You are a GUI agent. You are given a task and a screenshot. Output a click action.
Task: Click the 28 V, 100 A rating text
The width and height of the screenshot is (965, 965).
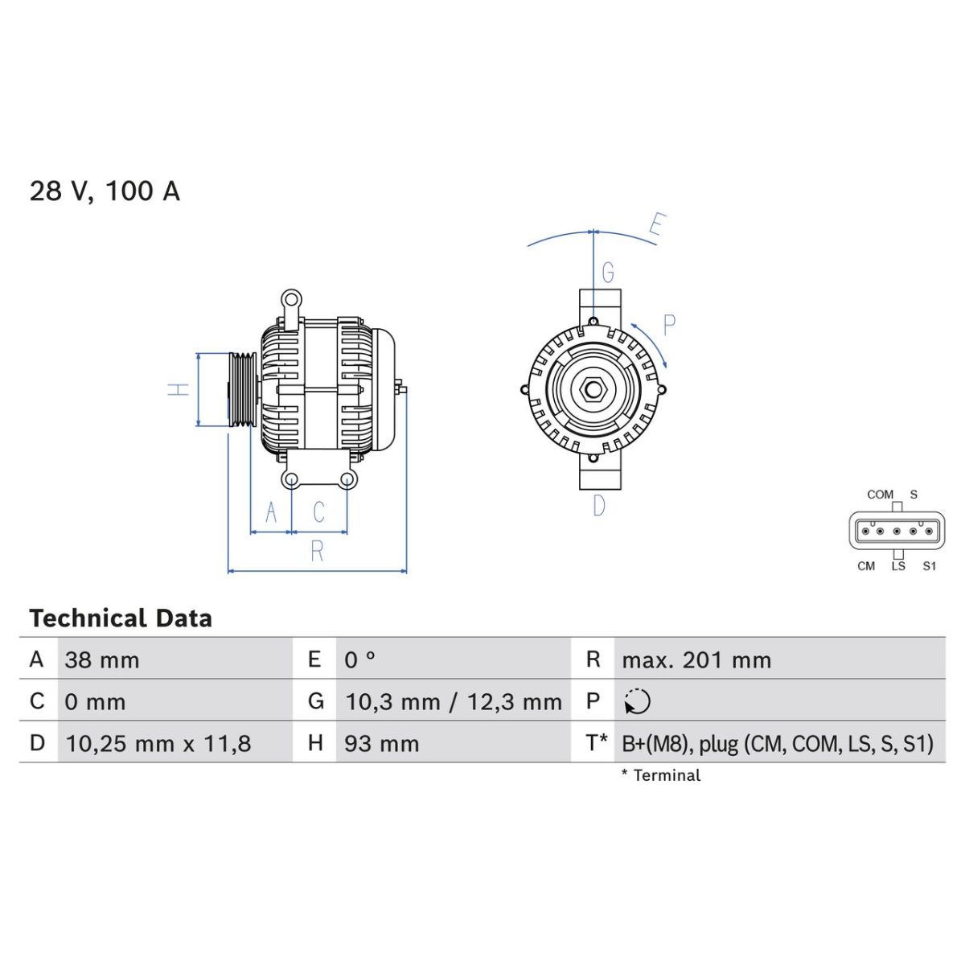(105, 191)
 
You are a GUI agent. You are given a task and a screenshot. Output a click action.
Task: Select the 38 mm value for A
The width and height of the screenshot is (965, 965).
(101, 660)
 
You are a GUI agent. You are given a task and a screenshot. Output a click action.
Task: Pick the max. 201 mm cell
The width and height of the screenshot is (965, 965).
(696, 660)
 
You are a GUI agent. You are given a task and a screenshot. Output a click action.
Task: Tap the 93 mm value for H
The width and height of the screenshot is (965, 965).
(381, 744)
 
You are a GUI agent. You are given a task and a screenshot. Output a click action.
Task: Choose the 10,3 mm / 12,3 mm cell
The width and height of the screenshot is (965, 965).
(454, 701)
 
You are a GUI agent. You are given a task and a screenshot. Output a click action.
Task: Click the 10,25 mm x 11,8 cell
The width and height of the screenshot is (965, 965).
(158, 744)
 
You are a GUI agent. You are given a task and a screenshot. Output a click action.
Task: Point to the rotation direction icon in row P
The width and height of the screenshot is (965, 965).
(637, 701)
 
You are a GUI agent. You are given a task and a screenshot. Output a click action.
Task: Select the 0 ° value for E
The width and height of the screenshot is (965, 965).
(359, 660)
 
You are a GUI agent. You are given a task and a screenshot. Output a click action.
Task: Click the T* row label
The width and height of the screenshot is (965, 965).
(597, 742)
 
